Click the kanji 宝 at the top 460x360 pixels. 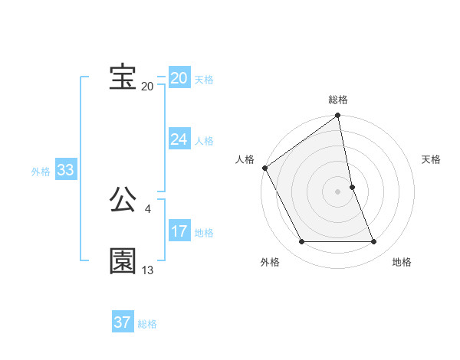pyautogui.click(x=123, y=77)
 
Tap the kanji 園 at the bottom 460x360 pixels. pyautogui.click(x=123, y=260)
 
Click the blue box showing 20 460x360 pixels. pyautogui.click(x=179, y=78)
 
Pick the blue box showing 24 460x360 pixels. pyautogui.click(x=179, y=139)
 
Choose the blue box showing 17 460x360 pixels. pyautogui.click(x=179, y=231)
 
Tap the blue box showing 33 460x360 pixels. pyautogui.click(x=65, y=170)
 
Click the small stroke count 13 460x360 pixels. pyautogui.click(x=148, y=270)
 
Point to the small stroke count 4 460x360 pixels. pyautogui.click(x=148, y=209)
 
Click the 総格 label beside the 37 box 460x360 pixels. pyautogui.click(x=147, y=324)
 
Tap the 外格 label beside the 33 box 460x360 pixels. pyautogui.click(x=41, y=172)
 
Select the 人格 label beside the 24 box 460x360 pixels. pyautogui.click(x=204, y=141)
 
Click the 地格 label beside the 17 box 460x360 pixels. pyautogui.click(x=204, y=233)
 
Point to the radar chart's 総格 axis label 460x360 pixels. pyautogui.click(x=338, y=100)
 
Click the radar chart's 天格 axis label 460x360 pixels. pyautogui.click(x=432, y=159)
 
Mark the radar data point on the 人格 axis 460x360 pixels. pyautogui.click(x=265, y=168)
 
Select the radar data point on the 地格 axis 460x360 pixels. pyautogui.click(x=374, y=242)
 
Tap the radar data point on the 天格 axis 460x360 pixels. pyautogui.click(x=352, y=187)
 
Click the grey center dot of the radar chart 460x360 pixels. pyautogui.click(x=338, y=191)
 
